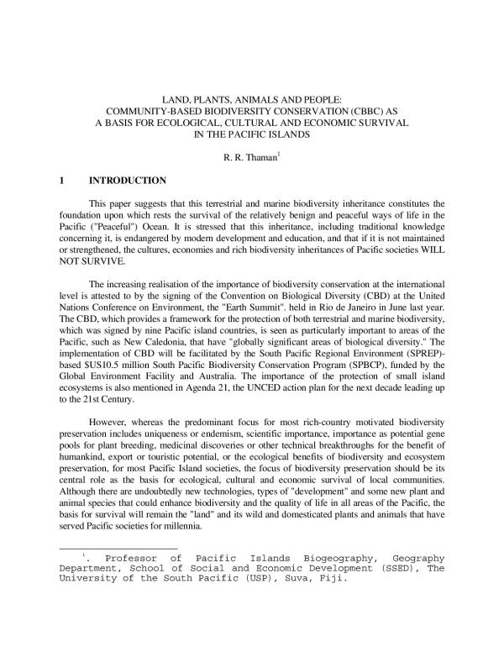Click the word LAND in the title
(173, 97)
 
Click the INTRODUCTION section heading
(128, 181)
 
